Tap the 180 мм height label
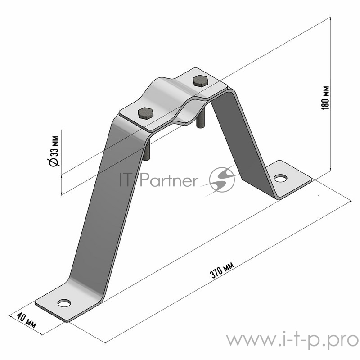pos(325,98)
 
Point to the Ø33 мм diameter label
pos(54,151)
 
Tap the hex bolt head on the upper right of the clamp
pos(200,81)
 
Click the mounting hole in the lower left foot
pos(64,303)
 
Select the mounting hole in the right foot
pos(280,178)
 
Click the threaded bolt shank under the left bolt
pos(147,150)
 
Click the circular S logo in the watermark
pos(222,179)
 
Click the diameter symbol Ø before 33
pos(54,162)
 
